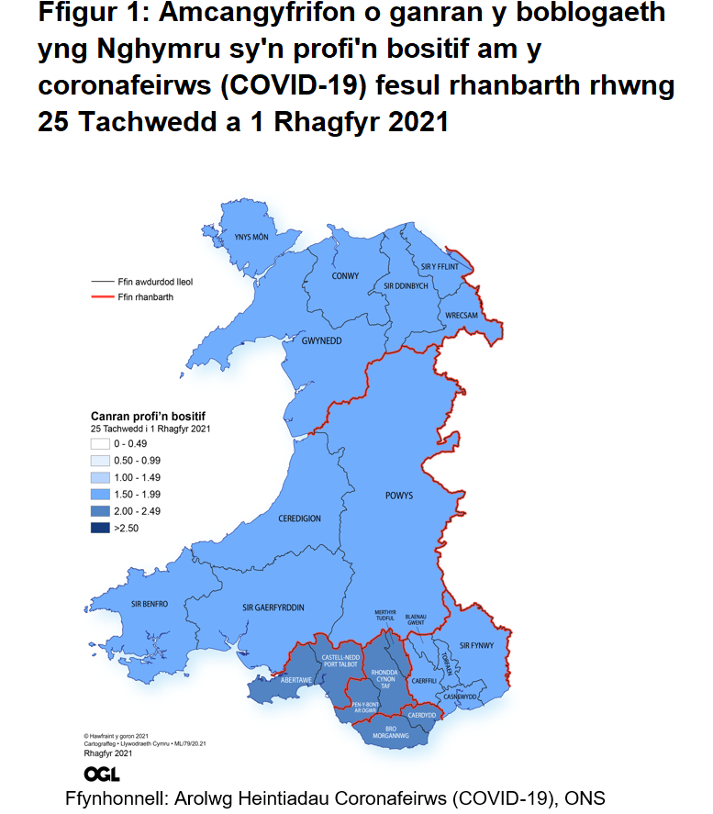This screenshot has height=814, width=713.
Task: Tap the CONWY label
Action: pos(345,275)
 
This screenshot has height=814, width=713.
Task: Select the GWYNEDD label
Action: pos(321,340)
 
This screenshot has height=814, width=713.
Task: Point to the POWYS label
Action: pos(399,496)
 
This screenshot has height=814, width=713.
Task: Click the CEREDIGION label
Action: pos(299,519)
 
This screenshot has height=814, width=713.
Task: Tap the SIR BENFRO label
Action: pos(149,604)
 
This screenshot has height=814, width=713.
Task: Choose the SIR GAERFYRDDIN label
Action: pos(273,608)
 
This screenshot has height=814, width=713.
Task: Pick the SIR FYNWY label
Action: pos(476,647)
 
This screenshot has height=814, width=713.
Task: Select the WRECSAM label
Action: pos(462,316)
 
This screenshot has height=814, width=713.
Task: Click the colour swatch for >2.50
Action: pos(99,528)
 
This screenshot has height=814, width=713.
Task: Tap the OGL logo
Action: pos(102,773)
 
